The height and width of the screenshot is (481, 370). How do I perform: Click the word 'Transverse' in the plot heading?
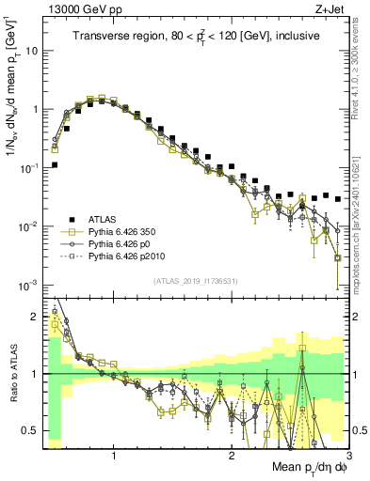click(102, 36)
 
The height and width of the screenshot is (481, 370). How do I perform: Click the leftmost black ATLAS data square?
click(55, 164)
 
